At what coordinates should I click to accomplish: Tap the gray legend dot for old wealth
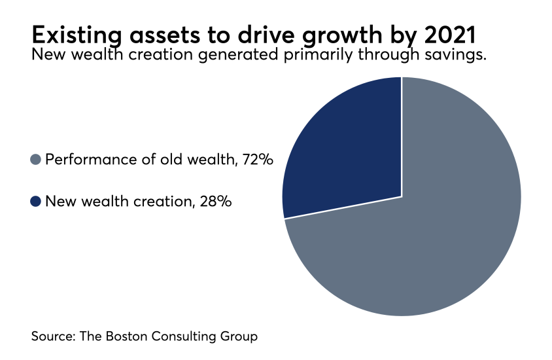point(36,159)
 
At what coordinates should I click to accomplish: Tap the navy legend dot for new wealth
point(36,202)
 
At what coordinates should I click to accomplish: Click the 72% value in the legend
point(254,159)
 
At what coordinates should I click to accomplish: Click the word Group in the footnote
point(239,336)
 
